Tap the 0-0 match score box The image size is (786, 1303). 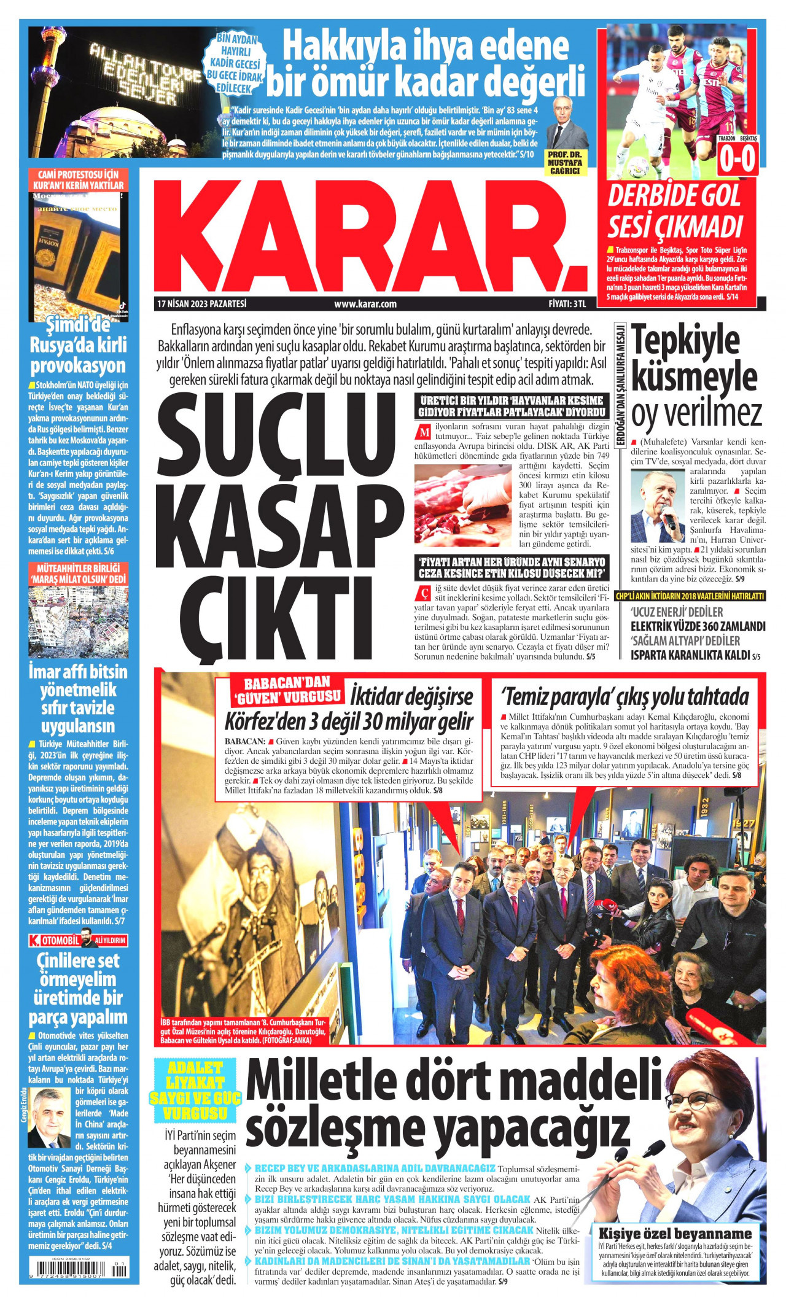pos(737,160)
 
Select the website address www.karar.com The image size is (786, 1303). pos(365,304)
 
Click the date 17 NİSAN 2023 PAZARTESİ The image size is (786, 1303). pos(201,304)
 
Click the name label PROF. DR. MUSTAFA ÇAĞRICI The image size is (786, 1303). pos(565,163)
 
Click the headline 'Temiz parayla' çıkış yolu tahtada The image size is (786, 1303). pos(625,696)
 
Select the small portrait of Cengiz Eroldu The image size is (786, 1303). pos(50,1119)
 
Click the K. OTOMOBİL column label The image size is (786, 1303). pos(55,941)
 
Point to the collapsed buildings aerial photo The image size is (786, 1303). pos(78,622)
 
